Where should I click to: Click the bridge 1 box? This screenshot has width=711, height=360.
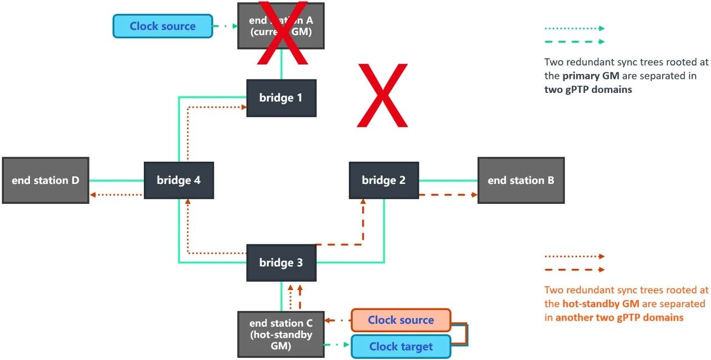[x=281, y=98]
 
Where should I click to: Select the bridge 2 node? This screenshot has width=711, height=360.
[x=384, y=180]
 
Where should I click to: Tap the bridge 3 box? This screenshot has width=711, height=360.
[x=281, y=262]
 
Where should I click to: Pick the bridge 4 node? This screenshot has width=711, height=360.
[x=178, y=180]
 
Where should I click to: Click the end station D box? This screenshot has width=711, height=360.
[x=46, y=180]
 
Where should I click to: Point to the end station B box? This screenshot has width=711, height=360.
[x=521, y=180]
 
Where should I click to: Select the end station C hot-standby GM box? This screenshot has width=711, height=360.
[x=281, y=333]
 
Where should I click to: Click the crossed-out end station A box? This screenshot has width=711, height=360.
[x=281, y=26]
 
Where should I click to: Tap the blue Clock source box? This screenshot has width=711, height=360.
[x=163, y=26]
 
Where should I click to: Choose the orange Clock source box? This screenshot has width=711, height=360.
[x=400, y=320]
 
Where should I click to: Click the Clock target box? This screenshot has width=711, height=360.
[x=400, y=347]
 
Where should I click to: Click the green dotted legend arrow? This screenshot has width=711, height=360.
[x=574, y=28]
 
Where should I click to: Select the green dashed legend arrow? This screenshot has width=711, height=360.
[x=574, y=41]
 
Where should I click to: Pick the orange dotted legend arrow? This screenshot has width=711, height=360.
[x=574, y=257]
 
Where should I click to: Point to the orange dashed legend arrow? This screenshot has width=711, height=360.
[x=574, y=270]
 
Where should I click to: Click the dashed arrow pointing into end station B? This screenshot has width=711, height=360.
[x=448, y=195]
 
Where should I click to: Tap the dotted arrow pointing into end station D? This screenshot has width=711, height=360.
[x=117, y=195]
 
